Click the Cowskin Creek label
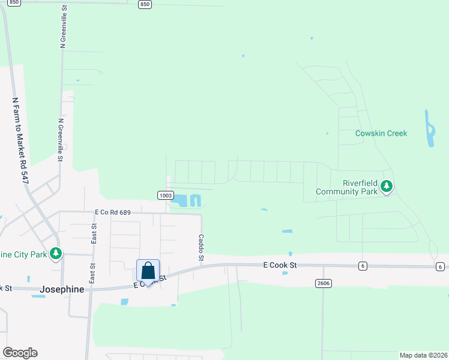click(x=381, y=133)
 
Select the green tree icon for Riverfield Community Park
click(x=387, y=187)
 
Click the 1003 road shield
click(x=166, y=196)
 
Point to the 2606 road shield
click(x=323, y=282)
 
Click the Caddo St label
click(x=202, y=247)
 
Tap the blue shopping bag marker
click(x=148, y=272)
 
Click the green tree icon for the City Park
click(x=56, y=254)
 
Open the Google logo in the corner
click(x=20, y=353)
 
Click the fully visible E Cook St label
click(x=280, y=264)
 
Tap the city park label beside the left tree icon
click(x=24, y=254)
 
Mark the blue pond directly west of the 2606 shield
click(x=285, y=274)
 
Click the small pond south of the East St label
click(x=124, y=301)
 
